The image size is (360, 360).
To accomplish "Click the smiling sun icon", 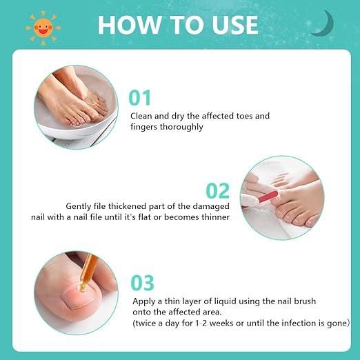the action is point(43,28).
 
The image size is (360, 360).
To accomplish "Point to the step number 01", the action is point(140,98).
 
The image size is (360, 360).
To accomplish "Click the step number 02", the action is point(218,190).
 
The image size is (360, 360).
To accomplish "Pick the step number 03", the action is point(142,283).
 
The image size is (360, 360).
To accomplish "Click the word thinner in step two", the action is point(216,217).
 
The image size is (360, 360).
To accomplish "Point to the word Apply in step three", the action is point(143,301).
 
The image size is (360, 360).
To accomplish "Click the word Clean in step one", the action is point(141,116).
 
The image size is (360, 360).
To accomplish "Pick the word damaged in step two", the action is point(211,206).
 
